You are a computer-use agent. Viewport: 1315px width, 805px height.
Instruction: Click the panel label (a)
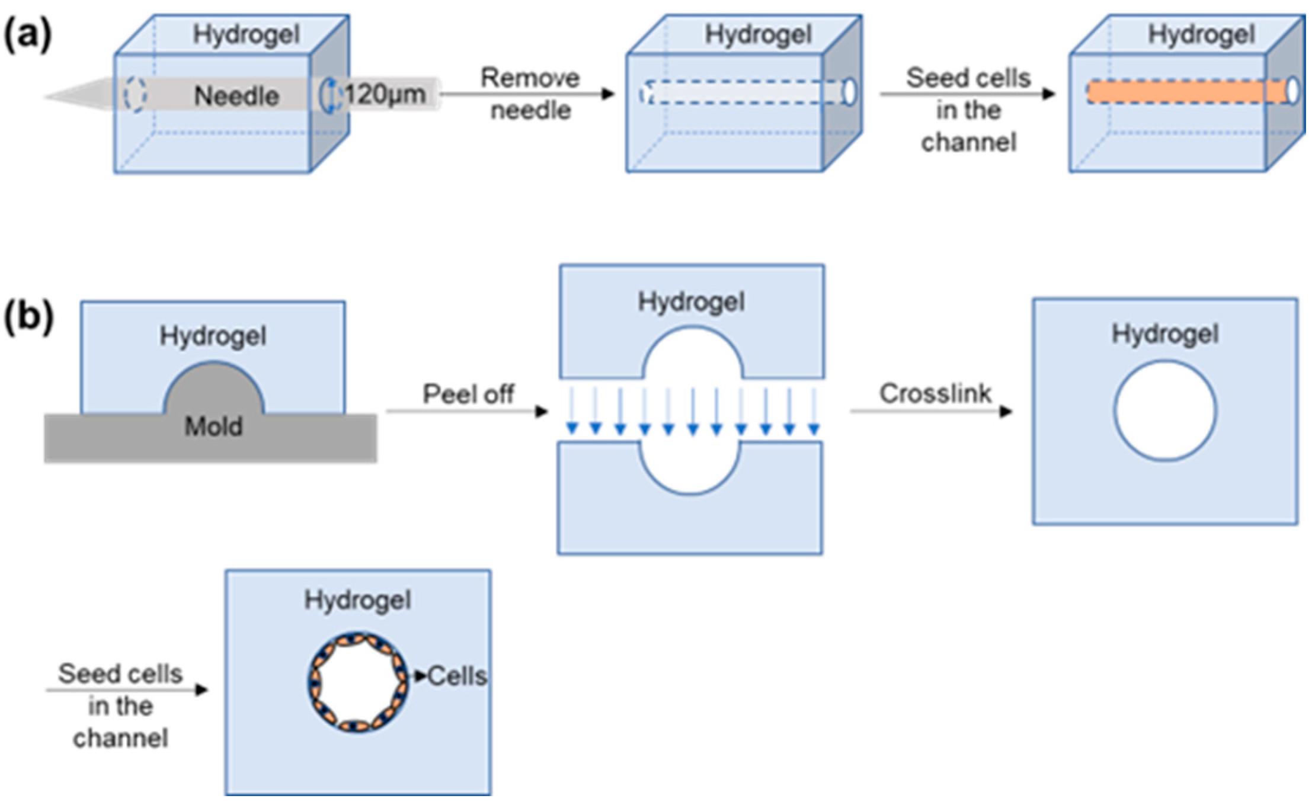click(x=27, y=36)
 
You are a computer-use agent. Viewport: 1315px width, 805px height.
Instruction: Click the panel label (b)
click(x=28, y=317)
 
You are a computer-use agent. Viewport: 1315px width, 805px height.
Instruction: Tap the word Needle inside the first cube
click(x=236, y=96)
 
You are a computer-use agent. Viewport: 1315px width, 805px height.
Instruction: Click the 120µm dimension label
click(x=385, y=94)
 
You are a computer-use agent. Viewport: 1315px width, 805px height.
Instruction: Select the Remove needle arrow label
click(x=530, y=94)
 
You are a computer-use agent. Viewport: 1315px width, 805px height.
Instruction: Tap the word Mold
click(x=213, y=426)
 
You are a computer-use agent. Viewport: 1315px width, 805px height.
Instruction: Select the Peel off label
click(x=468, y=395)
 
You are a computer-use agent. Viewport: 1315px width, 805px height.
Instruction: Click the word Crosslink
click(x=935, y=393)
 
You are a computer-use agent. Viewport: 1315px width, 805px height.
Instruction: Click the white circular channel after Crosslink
click(x=1164, y=410)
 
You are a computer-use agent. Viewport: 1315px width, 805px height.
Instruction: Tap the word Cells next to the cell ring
click(x=457, y=676)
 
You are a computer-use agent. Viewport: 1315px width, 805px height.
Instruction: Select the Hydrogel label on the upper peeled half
click(x=691, y=302)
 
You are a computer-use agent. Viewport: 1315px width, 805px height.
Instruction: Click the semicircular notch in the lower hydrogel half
click(x=690, y=471)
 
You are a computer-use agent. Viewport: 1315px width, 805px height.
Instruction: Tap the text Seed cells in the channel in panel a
click(x=968, y=110)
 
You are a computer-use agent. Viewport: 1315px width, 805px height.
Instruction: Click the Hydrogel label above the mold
click(x=213, y=336)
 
